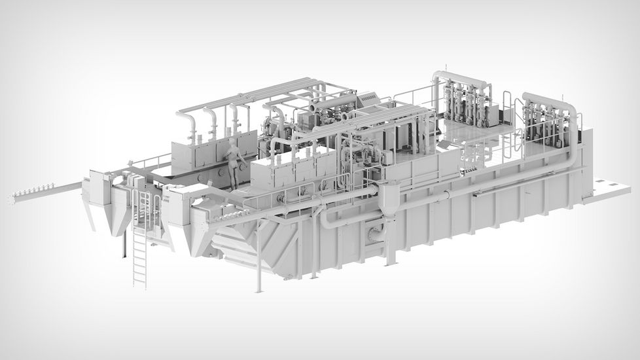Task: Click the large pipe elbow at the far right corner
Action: (x=571, y=110)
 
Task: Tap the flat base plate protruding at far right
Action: (x=609, y=192)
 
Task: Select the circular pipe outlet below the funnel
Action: (x=376, y=232)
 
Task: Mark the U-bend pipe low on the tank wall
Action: (x=327, y=219)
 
